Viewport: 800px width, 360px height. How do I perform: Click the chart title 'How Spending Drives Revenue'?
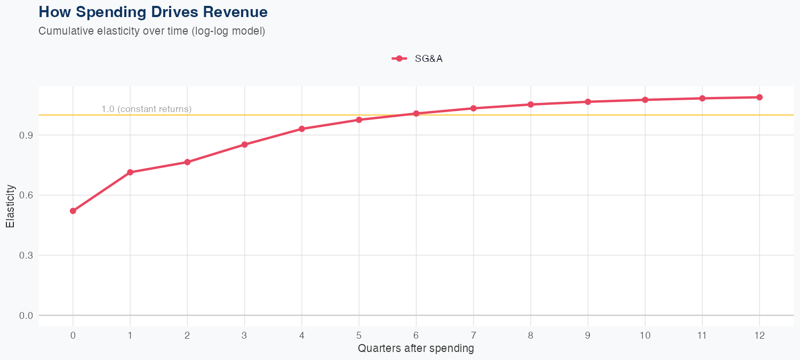[153, 12]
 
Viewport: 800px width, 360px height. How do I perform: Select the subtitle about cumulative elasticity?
[151, 31]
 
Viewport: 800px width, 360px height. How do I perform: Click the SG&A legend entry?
[418, 59]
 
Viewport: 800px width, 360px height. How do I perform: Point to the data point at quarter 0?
[73, 211]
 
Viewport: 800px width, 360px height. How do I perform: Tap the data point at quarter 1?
[130, 172]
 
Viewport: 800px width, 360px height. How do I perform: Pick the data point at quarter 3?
[245, 145]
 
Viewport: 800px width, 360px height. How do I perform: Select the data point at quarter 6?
[416, 114]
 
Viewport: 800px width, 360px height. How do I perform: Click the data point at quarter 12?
[759, 97]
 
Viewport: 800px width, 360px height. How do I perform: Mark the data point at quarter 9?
[588, 102]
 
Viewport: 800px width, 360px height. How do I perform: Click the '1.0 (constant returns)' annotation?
[146, 109]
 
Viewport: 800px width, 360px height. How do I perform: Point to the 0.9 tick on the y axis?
[26, 135]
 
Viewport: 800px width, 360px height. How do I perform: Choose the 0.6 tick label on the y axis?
[26, 195]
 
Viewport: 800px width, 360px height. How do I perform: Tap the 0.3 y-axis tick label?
[26, 255]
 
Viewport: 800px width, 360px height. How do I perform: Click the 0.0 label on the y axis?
[26, 316]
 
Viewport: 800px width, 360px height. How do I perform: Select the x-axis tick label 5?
[359, 335]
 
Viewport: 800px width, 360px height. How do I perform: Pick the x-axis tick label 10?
[645, 335]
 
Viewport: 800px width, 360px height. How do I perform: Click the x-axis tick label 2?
[187, 335]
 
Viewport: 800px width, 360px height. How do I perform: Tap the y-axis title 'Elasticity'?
[10, 206]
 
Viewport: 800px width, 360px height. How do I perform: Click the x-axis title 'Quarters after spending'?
[416, 349]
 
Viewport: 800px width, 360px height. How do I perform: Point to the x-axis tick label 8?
[531, 335]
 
